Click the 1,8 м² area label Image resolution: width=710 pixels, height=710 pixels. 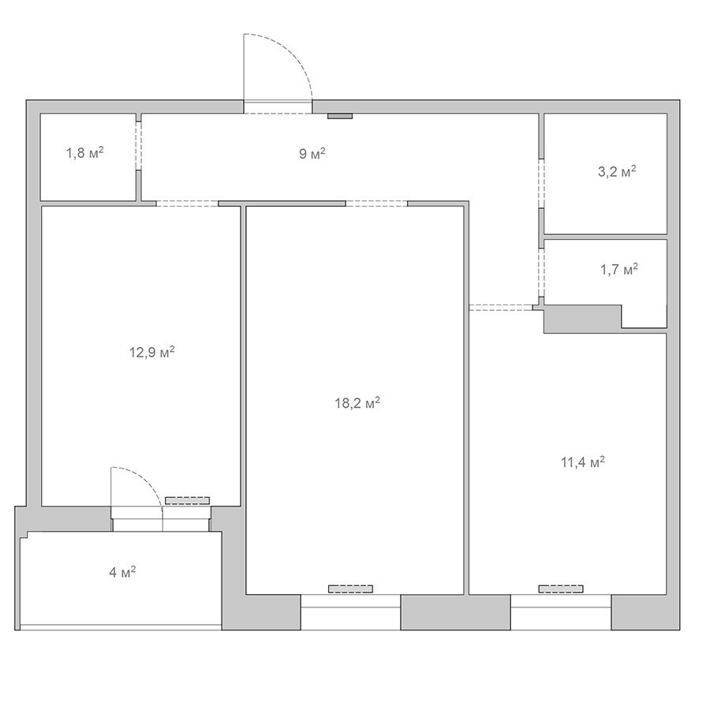tap(85, 152)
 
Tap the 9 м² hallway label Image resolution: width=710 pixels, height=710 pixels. tap(312, 154)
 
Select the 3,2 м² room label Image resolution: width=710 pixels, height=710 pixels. tap(617, 172)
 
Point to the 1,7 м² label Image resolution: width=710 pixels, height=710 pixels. tap(619, 270)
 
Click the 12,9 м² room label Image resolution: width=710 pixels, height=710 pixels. tap(152, 352)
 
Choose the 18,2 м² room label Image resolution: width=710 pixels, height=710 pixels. tap(357, 402)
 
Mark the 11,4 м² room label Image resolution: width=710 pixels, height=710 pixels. tap(583, 461)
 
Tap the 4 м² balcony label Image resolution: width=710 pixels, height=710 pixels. tap(122, 573)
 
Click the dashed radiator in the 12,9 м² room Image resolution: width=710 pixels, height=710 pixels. tap(187, 500)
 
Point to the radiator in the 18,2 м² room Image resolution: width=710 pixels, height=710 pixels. tap(350, 589)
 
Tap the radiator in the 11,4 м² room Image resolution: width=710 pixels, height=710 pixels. tap(561, 589)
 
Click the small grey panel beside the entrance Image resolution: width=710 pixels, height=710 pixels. tap(340, 117)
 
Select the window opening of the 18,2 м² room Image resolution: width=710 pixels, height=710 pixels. tap(350, 612)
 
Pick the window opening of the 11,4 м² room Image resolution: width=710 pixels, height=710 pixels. tap(561, 612)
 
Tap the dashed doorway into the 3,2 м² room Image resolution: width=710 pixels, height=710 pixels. tap(541, 184)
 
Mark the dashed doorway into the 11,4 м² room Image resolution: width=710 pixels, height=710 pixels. tap(500, 308)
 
